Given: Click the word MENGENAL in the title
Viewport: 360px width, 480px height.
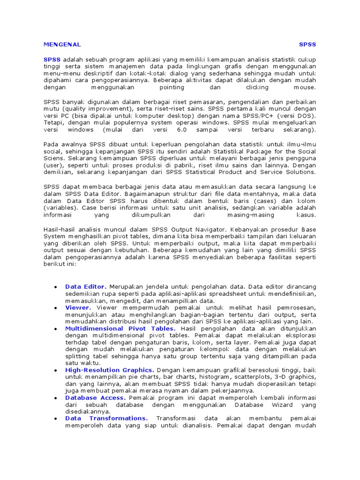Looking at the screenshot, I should [x=62, y=45].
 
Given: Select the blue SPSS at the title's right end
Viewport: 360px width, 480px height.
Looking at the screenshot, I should [x=307, y=45].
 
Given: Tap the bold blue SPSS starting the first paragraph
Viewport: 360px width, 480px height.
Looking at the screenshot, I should [x=52, y=60].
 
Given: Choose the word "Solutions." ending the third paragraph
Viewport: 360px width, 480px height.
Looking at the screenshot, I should [x=300, y=172].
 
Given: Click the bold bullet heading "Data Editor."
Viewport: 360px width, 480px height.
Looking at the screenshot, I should [x=86, y=286].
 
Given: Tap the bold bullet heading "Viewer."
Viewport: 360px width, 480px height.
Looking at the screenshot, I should [x=78, y=307].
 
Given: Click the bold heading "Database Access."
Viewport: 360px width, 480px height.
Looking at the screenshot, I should [x=96, y=397].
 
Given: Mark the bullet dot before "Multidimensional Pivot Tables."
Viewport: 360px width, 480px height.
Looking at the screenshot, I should [x=56, y=329].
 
